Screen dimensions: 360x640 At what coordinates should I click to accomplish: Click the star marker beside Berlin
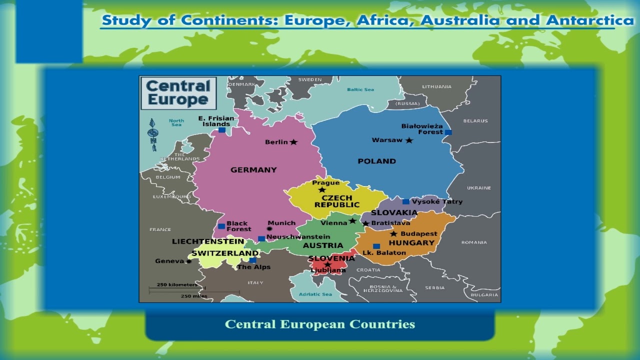(293, 142)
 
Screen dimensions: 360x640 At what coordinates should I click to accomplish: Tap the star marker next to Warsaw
(409, 140)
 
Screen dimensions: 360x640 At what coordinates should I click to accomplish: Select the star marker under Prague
(322, 189)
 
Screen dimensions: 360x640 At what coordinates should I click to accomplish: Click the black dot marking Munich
(269, 229)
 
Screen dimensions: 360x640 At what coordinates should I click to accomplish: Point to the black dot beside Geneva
(188, 261)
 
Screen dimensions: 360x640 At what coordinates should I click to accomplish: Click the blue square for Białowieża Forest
(448, 132)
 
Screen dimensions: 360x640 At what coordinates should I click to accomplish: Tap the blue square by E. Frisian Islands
(221, 130)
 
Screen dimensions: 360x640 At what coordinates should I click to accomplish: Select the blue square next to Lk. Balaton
(376, 246)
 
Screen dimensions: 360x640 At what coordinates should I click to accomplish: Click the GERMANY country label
(253, 170)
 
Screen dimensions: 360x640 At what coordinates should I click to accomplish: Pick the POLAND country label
(376, 161)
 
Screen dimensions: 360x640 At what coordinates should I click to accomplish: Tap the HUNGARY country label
(411, 243)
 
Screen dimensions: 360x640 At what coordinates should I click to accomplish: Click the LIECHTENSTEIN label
(208, 241)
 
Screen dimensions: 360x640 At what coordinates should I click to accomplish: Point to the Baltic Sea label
(360, 90)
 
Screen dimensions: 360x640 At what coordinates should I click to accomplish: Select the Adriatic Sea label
(315, 294)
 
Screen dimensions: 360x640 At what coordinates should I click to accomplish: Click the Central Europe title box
(178, 93)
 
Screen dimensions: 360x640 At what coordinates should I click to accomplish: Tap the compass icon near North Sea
(153, 134)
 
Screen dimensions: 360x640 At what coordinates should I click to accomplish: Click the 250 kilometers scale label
(177, 285)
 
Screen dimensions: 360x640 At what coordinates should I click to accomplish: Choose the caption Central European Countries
(320, 324)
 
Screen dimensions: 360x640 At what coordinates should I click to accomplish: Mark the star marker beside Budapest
(393, 234)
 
